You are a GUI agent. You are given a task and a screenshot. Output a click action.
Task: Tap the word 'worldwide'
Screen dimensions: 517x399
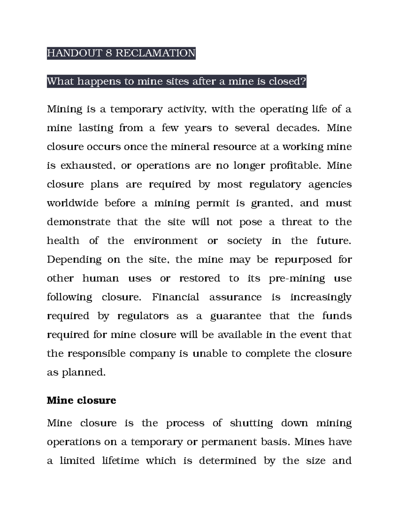click(72, 203)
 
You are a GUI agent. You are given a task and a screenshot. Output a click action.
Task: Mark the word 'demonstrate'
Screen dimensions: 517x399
click(78, 222)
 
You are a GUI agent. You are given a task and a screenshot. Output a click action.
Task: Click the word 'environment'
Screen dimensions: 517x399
click(166, 241)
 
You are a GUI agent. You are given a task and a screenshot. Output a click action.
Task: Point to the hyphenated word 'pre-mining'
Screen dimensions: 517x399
click(297, 279)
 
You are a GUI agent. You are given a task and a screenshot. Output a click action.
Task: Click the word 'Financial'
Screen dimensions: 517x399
click(175, 297)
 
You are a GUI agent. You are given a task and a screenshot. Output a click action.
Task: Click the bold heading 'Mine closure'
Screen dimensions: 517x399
click(81, 400)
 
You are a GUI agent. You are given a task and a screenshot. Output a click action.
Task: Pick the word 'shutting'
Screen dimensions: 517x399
click(251, 423)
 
